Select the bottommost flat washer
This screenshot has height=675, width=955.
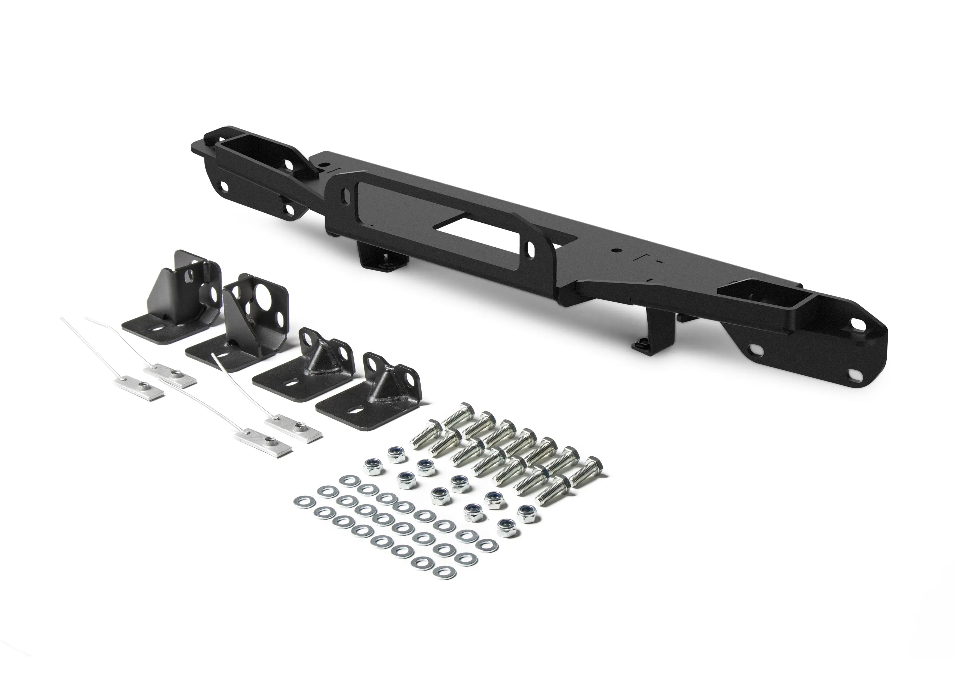[444, 572]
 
